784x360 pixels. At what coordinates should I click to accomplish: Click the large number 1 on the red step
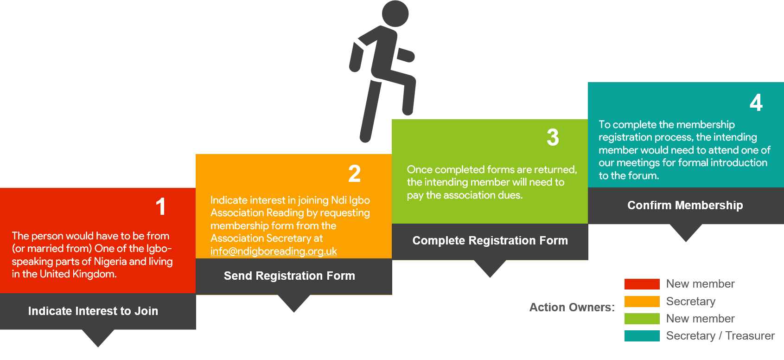(x=161, y=206)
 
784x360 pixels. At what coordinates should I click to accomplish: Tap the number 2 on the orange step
(x=355, y=174)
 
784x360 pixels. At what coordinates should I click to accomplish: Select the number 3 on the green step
(x=553, y=137)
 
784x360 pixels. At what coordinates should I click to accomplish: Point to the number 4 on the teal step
(x=756, y=103)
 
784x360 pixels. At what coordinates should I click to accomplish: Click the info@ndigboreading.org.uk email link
(x=274, y=251)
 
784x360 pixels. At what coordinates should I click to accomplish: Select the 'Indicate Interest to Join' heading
(x=93, y=311)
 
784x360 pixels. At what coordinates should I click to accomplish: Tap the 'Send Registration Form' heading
(x=289, y=276)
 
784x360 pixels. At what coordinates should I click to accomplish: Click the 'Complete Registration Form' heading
(x=490, y=240)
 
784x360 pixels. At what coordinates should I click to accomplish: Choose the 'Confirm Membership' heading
(x=685, y=205)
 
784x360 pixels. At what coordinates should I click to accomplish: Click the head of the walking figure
(x=395, y=13)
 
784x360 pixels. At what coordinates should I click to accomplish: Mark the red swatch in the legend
(x=642, y=284)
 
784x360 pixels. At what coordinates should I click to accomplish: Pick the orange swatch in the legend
(x=642, y=302)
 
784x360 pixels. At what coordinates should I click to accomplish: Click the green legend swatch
(x=642, y=319)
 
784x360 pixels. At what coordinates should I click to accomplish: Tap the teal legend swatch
(x=642, y=336)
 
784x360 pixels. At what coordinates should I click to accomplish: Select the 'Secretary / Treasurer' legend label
(x=720, y=336)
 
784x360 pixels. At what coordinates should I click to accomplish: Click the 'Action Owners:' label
(x=572, y=307)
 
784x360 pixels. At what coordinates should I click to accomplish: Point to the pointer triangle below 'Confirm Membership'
(x=686, y=232)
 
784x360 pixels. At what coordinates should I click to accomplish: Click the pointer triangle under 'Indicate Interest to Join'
(x=98, y=337)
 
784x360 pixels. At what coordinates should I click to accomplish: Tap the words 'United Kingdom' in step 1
(x=77, y=274)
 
